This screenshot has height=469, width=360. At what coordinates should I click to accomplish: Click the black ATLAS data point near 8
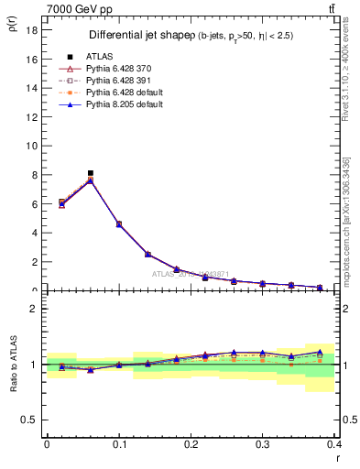90,173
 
